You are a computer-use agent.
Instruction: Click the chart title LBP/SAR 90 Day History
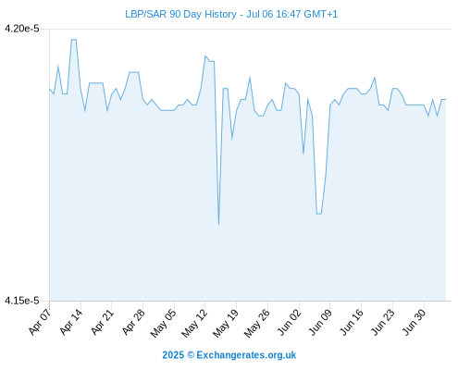coord(180,14)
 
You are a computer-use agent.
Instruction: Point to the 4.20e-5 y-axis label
coord(22,29)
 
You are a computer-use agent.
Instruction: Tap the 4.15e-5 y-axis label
coord(22,301)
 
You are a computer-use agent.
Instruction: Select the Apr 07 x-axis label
coord(39,322)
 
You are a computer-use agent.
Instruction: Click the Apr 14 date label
coord(70,322)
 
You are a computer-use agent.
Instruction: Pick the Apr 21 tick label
coord(102,322)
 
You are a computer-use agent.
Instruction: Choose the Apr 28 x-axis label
coord(133,322)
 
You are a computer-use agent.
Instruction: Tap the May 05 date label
coord(164,323)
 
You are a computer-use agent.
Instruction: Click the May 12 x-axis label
coord(194,323)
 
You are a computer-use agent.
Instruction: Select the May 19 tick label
coord(226,323)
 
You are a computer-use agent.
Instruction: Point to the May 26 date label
coord(257,323)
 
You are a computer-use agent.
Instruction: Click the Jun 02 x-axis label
coord(289,322)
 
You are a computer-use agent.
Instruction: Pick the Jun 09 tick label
coord(320,322)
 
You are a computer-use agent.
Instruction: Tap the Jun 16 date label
coord(352,322)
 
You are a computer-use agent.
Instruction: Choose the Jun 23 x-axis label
coord(383,322)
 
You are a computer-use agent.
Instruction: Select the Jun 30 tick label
coord(415,322)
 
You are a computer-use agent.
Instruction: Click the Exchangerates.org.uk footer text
coord(246,355)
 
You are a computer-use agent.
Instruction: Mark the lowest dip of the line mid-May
coord(218,224)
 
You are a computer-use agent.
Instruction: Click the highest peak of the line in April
coord(74,40)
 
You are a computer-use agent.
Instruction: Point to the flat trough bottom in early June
coord(319,214)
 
